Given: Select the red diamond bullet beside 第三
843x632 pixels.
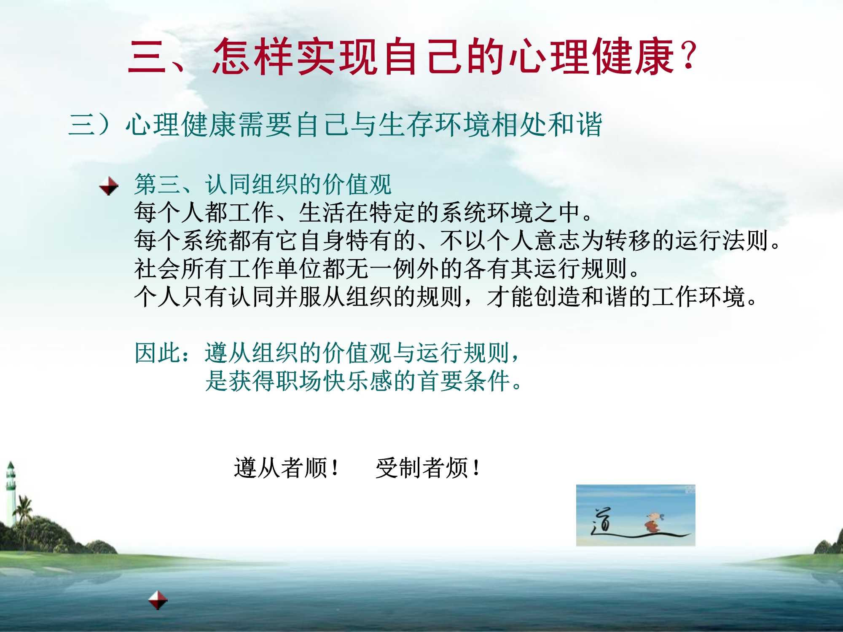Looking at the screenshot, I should point(109,186).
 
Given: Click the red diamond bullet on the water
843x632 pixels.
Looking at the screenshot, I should point(158,600).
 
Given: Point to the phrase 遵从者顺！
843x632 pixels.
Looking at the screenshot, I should point(287,468).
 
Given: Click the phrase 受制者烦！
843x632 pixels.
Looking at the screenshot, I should point(428,468).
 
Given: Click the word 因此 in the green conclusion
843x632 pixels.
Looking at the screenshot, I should point(158,353).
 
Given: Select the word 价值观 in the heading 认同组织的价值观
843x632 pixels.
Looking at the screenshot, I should point(357,185).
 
